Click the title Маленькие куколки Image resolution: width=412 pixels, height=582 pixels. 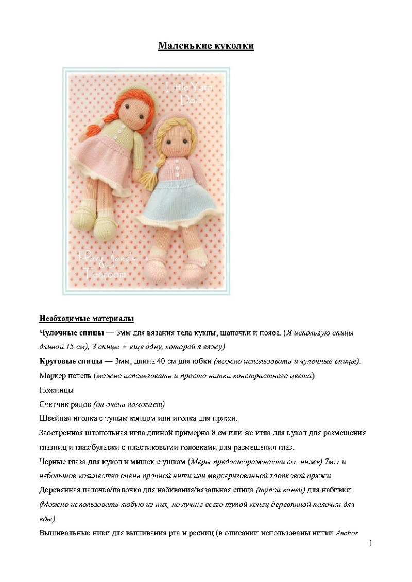(205, 47)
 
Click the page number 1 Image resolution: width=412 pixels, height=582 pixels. (370, 543)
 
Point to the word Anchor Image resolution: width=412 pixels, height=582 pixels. (347, 533)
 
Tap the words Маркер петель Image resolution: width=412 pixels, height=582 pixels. (65, 376)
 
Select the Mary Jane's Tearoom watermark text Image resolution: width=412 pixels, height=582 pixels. (105, 263)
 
